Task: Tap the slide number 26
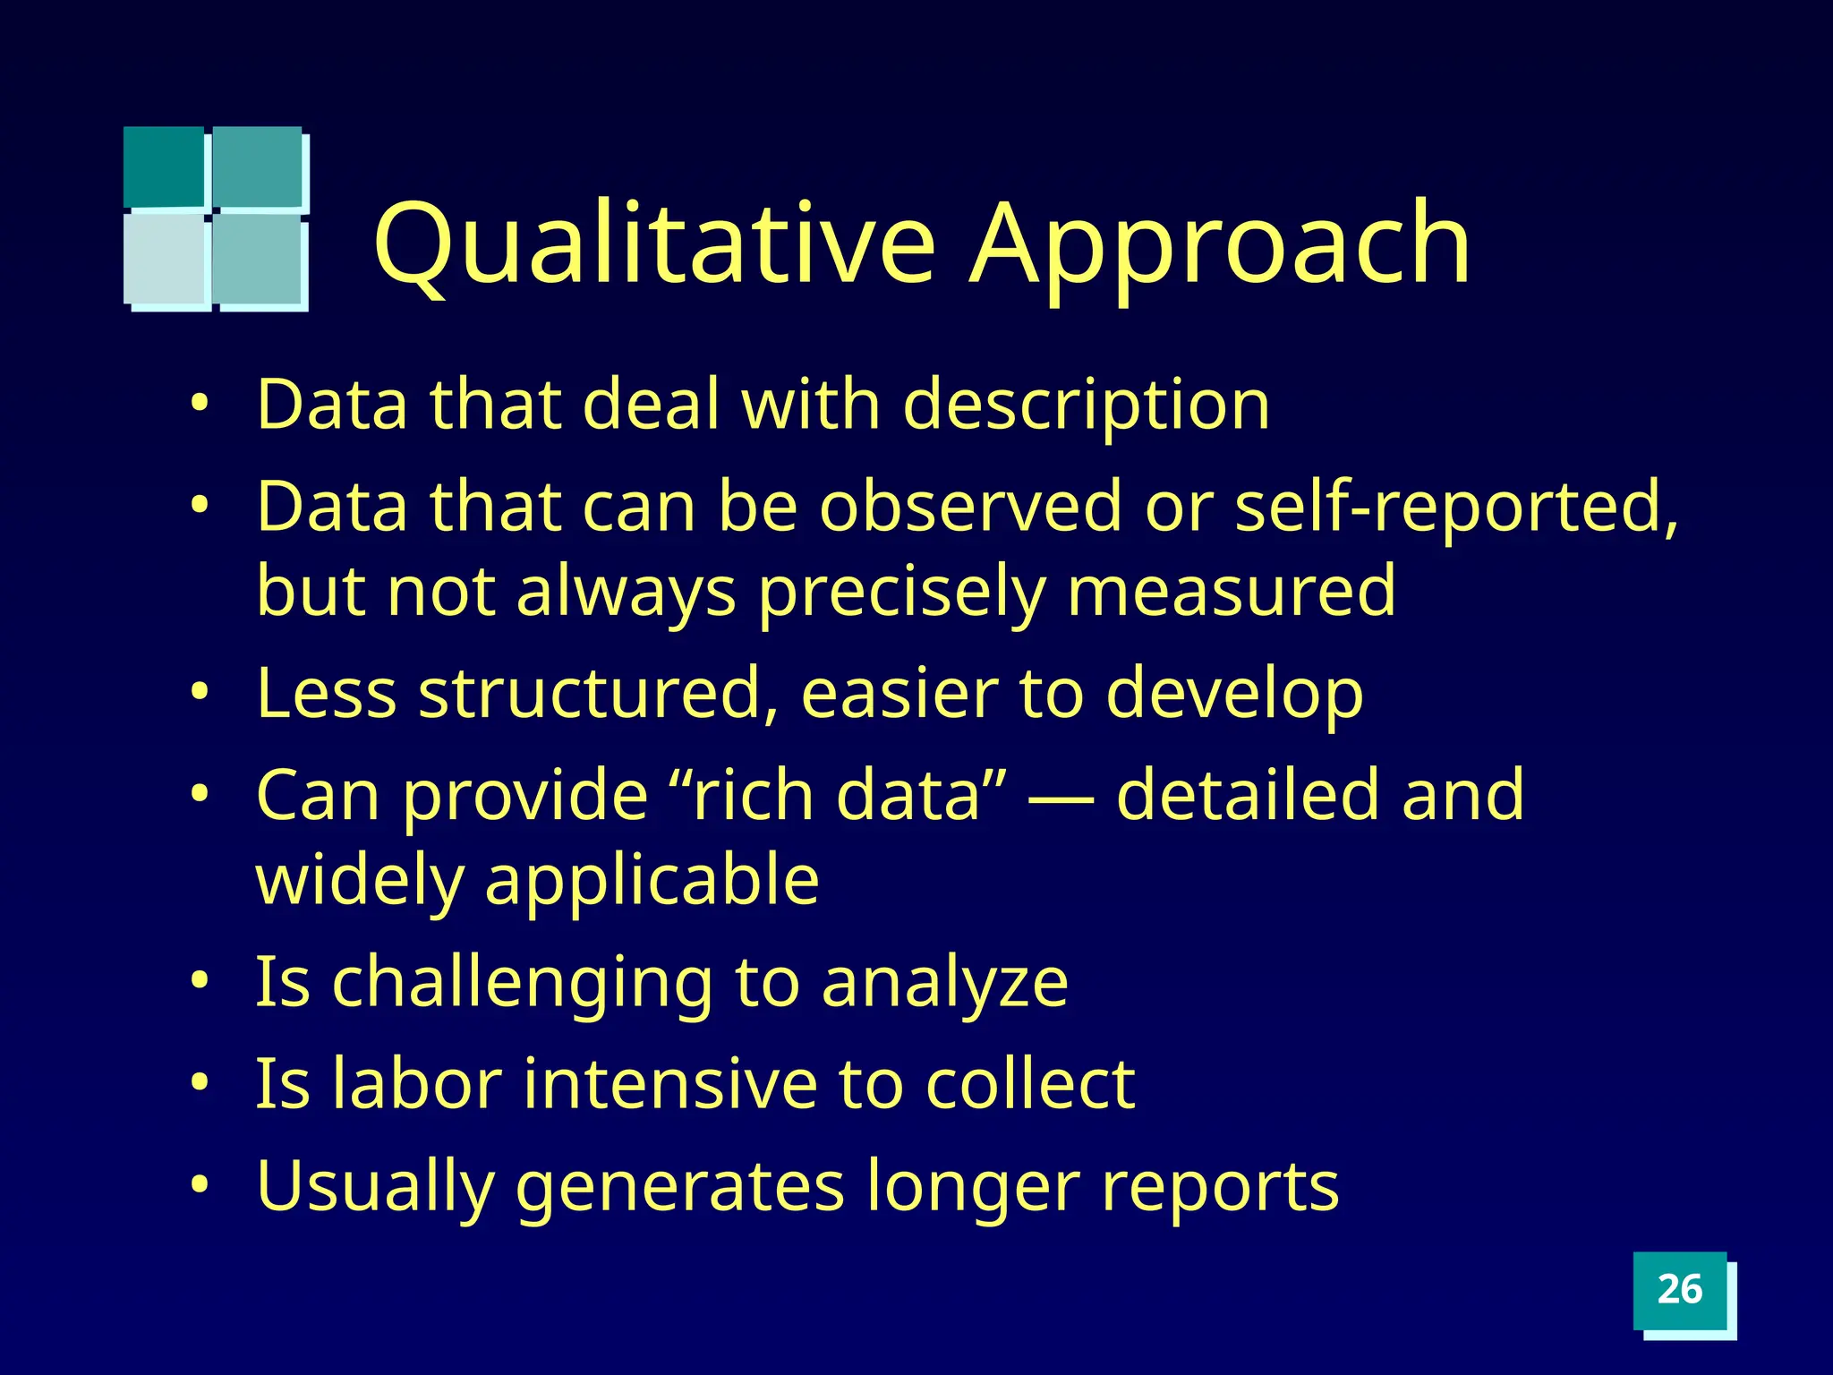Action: [1679, 1290]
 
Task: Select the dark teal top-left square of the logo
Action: [164, 166]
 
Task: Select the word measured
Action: [1231, 591]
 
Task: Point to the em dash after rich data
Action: [1061, 797]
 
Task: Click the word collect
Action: [1029, 1084]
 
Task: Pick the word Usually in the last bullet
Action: [375, 1187]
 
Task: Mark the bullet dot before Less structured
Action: [199, 692]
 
